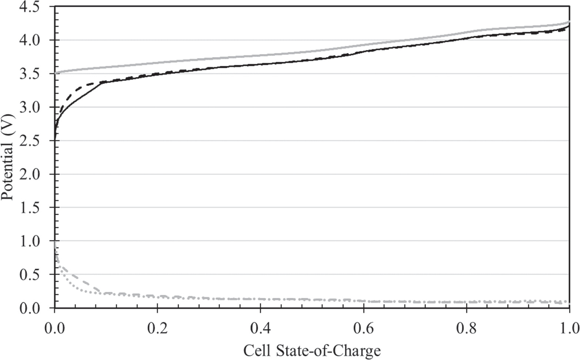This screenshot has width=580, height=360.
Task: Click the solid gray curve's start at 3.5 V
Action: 56,73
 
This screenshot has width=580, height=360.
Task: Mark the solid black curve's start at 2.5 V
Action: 55,140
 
